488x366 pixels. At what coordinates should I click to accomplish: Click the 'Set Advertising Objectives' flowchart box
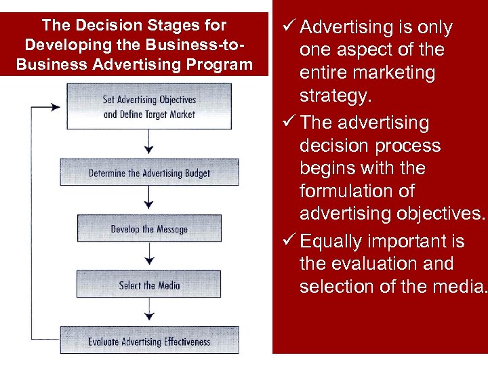click(x=149, y=106)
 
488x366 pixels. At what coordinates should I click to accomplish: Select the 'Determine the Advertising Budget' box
click(x=149, y=172)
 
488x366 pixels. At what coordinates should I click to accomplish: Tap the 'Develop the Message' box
click(x=149, y=228)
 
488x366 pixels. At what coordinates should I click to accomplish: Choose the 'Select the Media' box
click(x=149, y=285)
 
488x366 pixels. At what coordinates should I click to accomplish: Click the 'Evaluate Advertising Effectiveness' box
click(x=149, y=341)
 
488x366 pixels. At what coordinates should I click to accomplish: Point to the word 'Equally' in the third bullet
click(x=333, y=241)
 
